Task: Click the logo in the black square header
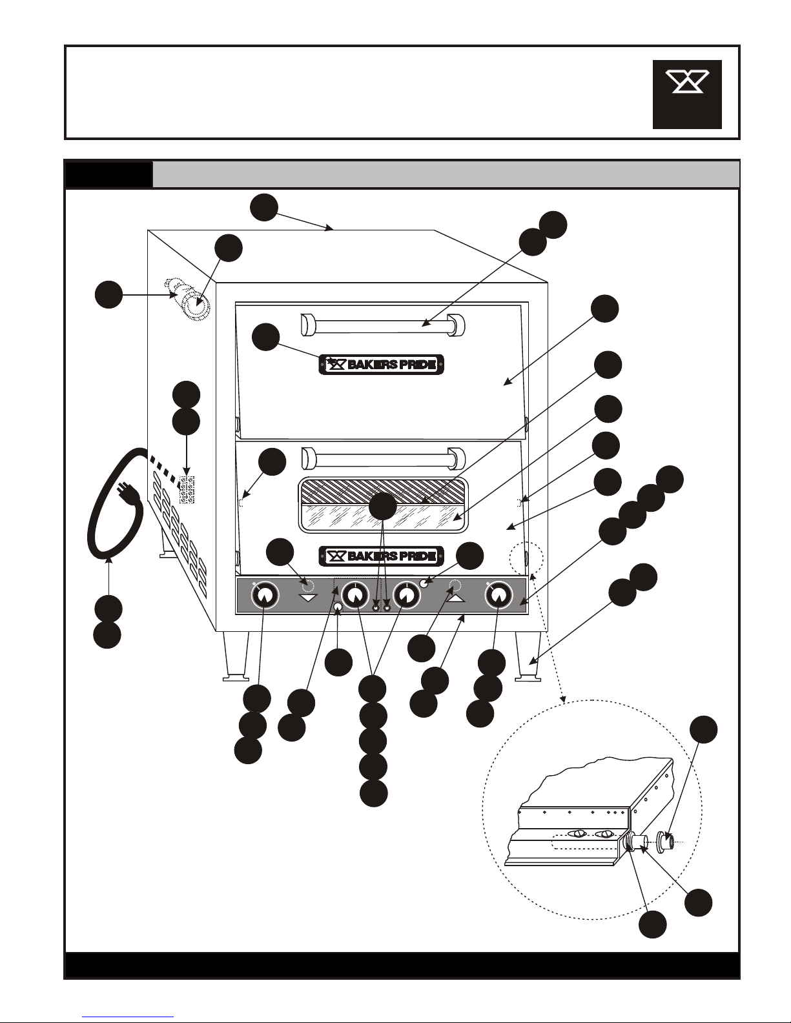pos(687,94)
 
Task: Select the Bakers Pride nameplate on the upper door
pos(382,365)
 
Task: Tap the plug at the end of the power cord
pos(129,496)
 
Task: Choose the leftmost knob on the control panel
pos(264,597)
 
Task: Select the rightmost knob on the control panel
pos(497,597)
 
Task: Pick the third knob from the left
pos(407,596)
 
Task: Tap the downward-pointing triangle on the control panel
pos(308,598)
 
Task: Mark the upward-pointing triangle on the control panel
pos(455,598)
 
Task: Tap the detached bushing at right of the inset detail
pos(666,841)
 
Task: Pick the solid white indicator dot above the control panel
pos(425,583)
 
